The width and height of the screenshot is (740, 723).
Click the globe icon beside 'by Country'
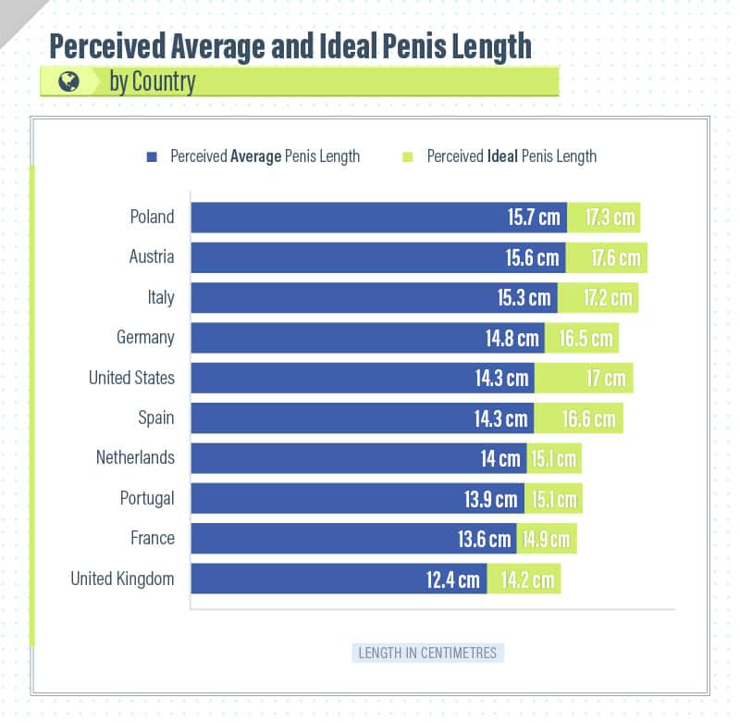pyautogui.click(x=68, y=81)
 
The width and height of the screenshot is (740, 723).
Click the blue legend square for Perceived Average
pyautogui.click(x=152, y=156)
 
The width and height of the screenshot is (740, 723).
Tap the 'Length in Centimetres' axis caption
pyautogui.click(x=427, y=653)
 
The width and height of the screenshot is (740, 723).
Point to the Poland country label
pyautogui.click(x=152, y=217)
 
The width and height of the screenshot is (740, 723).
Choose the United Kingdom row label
pyautogui.click(x=122, y=580)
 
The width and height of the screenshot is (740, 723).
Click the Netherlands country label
pyautogui.click(x=135, y=457)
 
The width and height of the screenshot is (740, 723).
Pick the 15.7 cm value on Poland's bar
pyautogui.click(x=534, y=218)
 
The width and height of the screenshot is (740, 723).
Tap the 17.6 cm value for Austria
pyautogui.click(x=615, y=257)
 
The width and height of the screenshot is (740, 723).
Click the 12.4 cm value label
pyautogui.click(x=453, y=580)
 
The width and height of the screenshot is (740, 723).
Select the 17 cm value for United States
pyautogui.click(x=606, y=378)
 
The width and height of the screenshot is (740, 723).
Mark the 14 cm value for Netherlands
pyautogui.click(x=500, y=458)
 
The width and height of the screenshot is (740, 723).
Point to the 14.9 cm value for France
pyautogui.click(x=546, y=539)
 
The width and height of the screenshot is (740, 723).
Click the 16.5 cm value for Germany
pyautogui.click(x=586, y=338)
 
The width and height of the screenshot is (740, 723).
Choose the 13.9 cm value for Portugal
pyautogui.click(x=491, y=499)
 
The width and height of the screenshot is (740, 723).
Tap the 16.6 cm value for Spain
pyautogui.click(x=588, y=418)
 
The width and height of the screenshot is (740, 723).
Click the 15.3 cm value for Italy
pyautogui.click(x=524, y=298)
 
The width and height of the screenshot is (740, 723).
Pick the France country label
pyautogui.click(x=152, y=538)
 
